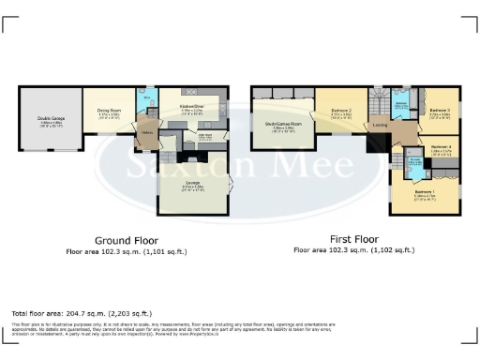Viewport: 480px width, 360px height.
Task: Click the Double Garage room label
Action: coord(51,117)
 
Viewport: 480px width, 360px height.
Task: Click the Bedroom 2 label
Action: coord(341,112)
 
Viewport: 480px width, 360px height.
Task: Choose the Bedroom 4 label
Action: coord(440,146)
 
